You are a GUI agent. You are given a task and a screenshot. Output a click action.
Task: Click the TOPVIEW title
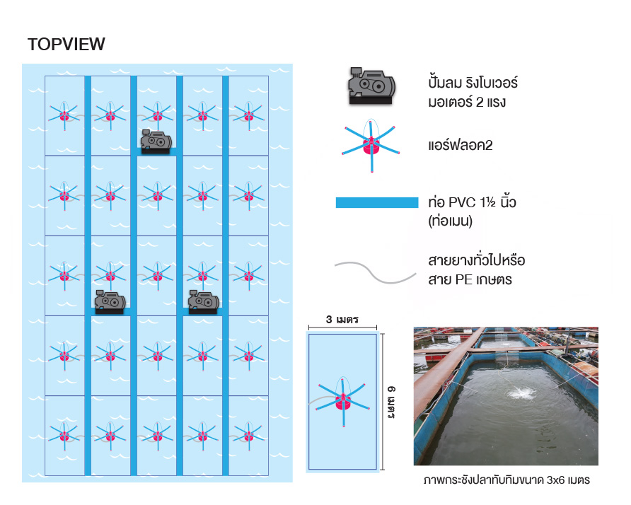66,45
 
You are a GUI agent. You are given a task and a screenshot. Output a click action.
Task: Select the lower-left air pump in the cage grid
110,302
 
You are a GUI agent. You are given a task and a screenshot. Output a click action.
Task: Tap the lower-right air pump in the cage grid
203,302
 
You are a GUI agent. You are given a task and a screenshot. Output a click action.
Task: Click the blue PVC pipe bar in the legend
376,203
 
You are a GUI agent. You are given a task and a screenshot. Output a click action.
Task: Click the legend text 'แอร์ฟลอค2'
461,145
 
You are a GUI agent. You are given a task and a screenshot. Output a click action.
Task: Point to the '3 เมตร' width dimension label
342,319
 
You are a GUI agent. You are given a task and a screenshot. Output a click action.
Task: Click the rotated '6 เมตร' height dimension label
390,401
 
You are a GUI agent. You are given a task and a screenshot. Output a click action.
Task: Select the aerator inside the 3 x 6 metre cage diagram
343,401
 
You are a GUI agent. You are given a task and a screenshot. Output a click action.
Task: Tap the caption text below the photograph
506,480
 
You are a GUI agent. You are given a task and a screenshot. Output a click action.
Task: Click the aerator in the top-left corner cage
64,114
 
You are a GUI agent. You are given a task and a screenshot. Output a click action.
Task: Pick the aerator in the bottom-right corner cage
248,433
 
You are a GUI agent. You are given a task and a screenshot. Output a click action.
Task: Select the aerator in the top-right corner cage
248,114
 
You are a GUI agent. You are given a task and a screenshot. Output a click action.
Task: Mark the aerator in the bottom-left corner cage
64,433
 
